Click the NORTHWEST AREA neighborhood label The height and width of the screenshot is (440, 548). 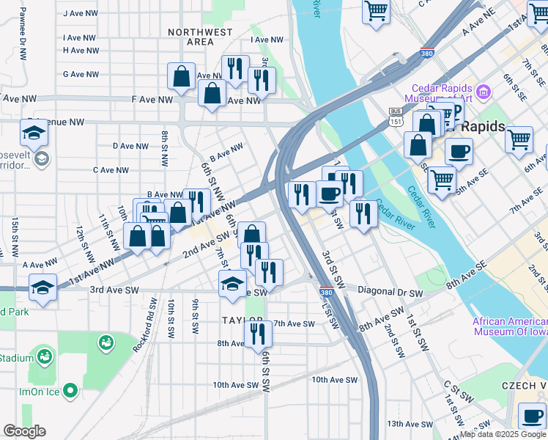[200, 37]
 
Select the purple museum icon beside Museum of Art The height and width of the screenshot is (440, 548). [483, 92]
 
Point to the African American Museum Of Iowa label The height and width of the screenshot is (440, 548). [510, 326]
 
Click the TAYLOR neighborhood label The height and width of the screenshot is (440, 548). [242, 320]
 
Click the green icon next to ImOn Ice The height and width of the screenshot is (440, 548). [70, 391]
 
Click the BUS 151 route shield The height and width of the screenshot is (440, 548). [396, 117]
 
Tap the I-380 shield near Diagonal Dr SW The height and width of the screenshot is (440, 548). [326, 293]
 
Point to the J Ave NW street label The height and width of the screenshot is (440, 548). [81, 13]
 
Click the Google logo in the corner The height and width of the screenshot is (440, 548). [24, 431]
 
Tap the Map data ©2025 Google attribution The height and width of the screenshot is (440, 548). [503, 435]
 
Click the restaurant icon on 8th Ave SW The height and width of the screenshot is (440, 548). [258, 333]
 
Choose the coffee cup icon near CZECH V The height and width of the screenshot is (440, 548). [531, 415]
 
